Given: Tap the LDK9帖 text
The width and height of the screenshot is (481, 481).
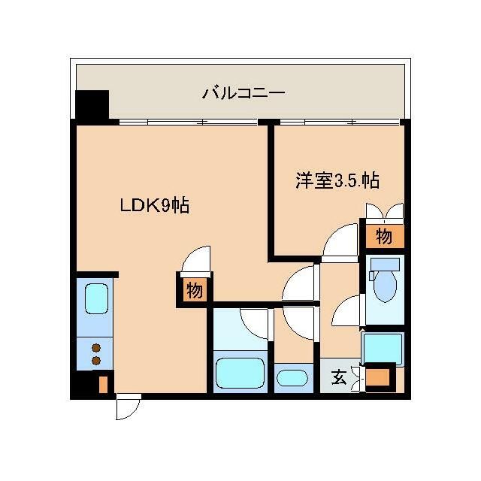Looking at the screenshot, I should click(x=155, y=204).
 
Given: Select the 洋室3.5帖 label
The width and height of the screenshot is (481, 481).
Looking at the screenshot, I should click(x=336, y=180).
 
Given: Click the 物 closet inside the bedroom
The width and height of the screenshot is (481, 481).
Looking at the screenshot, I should click(x=383, y=237).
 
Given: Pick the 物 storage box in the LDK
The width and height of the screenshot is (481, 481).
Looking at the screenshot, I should click(x=194, y=290).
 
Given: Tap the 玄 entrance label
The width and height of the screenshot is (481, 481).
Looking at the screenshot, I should click(x=339, y=377).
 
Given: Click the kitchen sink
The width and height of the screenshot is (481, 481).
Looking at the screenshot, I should click(x=95, y=298).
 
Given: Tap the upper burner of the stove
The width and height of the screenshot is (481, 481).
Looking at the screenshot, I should click(x=96, y=347).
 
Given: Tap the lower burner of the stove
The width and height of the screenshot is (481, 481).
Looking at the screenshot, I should click(x=96, y=361).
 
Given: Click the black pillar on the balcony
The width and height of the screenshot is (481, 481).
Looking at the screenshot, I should click(x=92, y=105).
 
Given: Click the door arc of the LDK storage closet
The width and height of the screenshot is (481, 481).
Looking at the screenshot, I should click(x=195, y=260).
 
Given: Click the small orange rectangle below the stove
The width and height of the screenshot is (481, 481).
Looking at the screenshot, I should click(x=104, y=385).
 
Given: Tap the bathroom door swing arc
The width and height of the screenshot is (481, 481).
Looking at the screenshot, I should click(x=256, y=322).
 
